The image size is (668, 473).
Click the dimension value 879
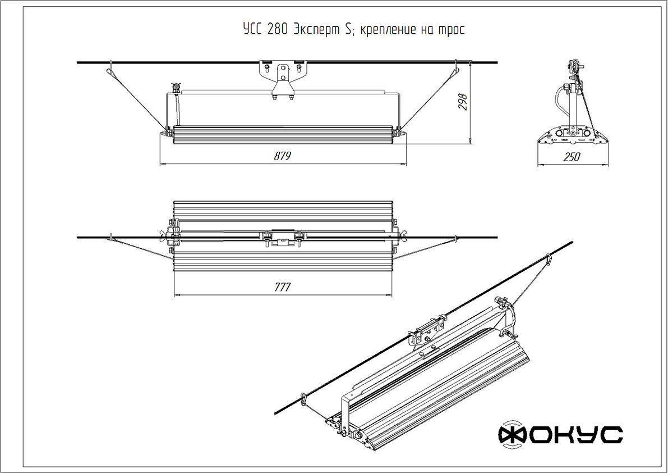(x=282, y=156)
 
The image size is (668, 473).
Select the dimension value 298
(x=463, y=102)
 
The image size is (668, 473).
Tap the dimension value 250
(x=571, y=157)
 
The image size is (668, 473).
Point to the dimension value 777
(x=282, y=287)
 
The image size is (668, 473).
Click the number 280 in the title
(x=278, y=30)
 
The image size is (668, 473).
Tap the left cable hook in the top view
(x=112, y=236)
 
